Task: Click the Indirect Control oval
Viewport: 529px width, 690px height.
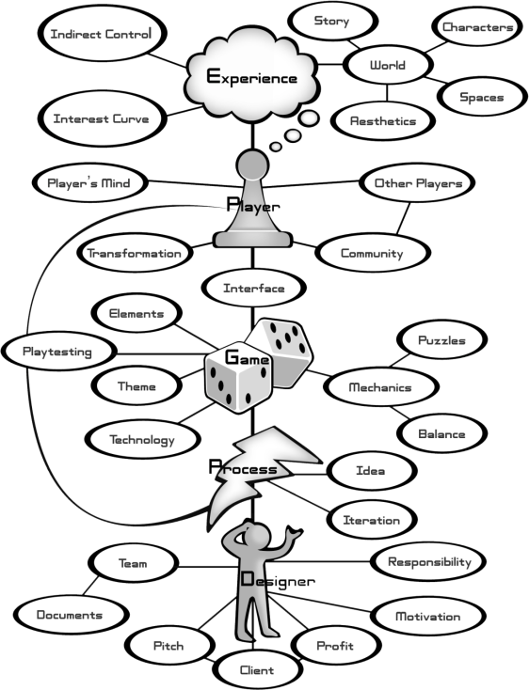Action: [102, 34]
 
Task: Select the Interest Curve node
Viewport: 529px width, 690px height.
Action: [102, 118]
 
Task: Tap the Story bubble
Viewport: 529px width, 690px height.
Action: [332, 21]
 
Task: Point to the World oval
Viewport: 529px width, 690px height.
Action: [387, 65]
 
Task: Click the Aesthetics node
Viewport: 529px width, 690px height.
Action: [383, 121]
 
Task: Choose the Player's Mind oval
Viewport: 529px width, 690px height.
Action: [89, 183]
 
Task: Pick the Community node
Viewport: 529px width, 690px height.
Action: [372, 253]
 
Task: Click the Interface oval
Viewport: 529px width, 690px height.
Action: [254, 289]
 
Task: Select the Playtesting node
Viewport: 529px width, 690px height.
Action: [57, 352]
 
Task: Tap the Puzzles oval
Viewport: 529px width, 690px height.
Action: [441, 340]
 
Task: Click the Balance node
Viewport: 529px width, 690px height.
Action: [441, 434]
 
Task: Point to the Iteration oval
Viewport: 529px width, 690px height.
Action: [372, 520]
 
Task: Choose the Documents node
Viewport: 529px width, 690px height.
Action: [70, 615]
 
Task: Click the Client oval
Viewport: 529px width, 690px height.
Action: [257, 670]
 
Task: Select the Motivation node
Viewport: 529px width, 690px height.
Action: [428, 617]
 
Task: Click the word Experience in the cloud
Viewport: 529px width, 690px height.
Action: [252, 77]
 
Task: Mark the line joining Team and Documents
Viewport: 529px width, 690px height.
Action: [91, 586]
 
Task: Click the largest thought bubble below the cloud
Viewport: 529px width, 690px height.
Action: [309, 118]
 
